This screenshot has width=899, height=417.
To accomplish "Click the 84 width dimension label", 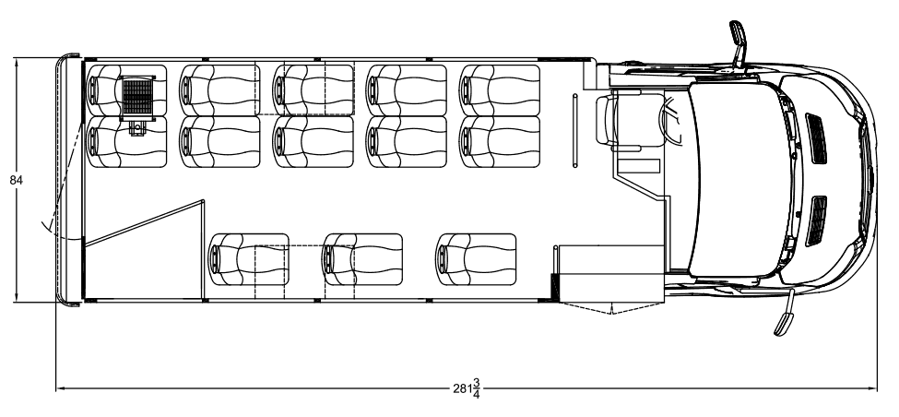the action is pyautogui.click(x=16, y=180).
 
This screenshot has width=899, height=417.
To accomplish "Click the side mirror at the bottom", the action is pyautogui.click(x=785, y=313).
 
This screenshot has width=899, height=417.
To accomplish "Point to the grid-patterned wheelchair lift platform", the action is pyautogui.click(x=137, y=96).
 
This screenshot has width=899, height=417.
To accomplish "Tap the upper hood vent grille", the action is pyautogui.click(x=816, y=137).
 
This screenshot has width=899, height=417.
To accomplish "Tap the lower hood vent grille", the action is pyautogui.click(x=816, y=220).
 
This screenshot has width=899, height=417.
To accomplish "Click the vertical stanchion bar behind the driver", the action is pyautogui.click(x=575, y=130).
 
